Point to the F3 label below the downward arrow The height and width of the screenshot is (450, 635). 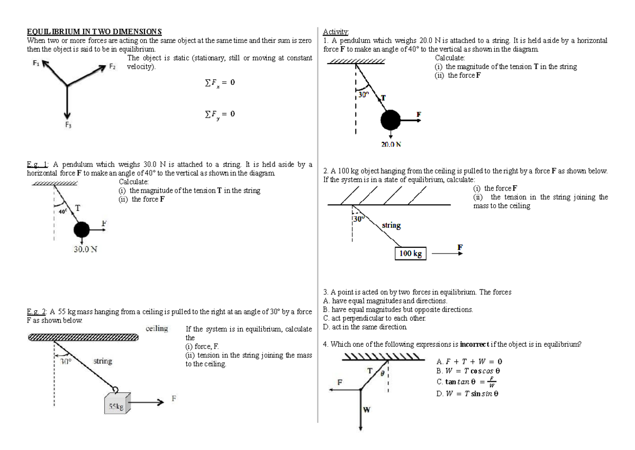[67, 125]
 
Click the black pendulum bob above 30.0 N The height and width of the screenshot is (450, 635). [82, 230]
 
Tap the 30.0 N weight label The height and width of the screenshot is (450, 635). [85, 249]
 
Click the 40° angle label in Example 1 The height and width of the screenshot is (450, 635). [62, 211]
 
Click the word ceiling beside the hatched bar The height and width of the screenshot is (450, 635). [156, 329]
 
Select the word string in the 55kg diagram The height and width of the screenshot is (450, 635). [103, 361]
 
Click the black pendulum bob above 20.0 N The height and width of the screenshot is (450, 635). [391, 120]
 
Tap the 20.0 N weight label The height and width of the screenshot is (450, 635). [391, 144]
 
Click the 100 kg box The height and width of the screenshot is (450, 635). [411, 254]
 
